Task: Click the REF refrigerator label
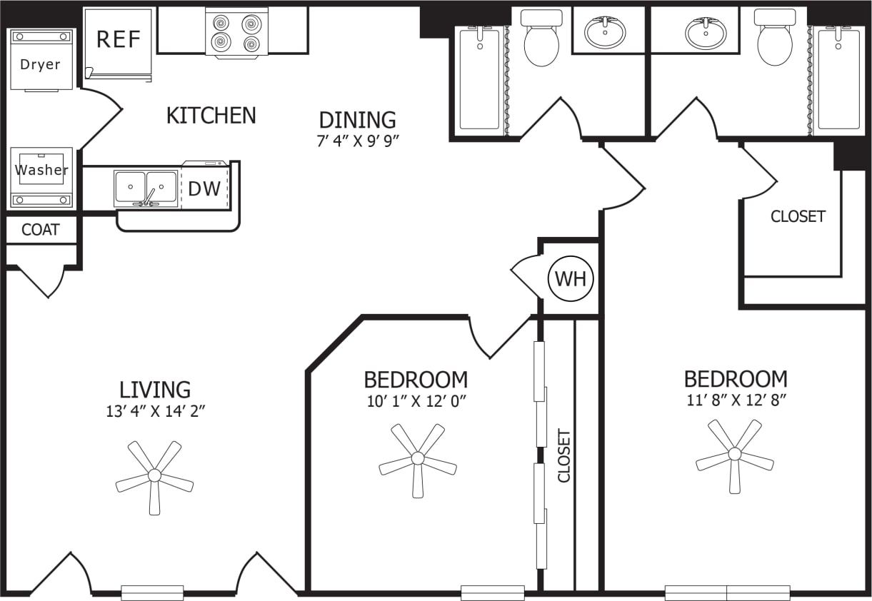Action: click(x=119, y=39)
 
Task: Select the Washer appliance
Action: click(x=41, y=171)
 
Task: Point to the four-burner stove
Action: click(x=236, y=33)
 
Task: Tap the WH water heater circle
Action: click(x=571, y=279)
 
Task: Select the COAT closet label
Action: click(x=40, y=231)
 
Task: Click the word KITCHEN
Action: click(x=211, y=116)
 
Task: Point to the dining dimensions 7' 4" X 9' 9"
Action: click(x=357, y=141)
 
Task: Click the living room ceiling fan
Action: click(x=154, y=475)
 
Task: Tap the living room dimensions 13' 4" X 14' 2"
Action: click(x=155, y=411)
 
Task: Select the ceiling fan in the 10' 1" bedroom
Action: click(x=418, y=458)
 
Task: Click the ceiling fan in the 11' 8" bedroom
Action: click(x=735, y=454)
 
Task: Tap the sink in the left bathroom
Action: click(x=605, y=32)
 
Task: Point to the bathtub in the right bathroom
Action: click(x=838, y=79)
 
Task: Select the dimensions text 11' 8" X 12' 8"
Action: click(x=736, y=400)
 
